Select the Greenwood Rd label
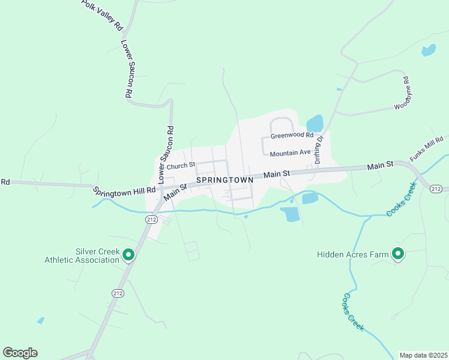[x=292, y=136]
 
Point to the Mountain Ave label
[x=290, y=154]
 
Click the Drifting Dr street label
[x=319, y=149]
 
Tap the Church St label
[x=181, y=165]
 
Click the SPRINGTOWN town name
[x=224, y=180]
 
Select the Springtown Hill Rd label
[x=124, y=191]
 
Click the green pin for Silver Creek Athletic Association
[x=128, y=256]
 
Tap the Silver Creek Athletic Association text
[x=82, y=256]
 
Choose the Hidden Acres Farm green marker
[x=397, y=254]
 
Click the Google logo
[x=20, y=353]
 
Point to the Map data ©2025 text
[x=423, y=355]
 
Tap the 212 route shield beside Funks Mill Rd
[x=436, y=189]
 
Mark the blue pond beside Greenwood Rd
[x=315, y=124]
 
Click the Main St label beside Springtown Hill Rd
[x=175, y=190]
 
